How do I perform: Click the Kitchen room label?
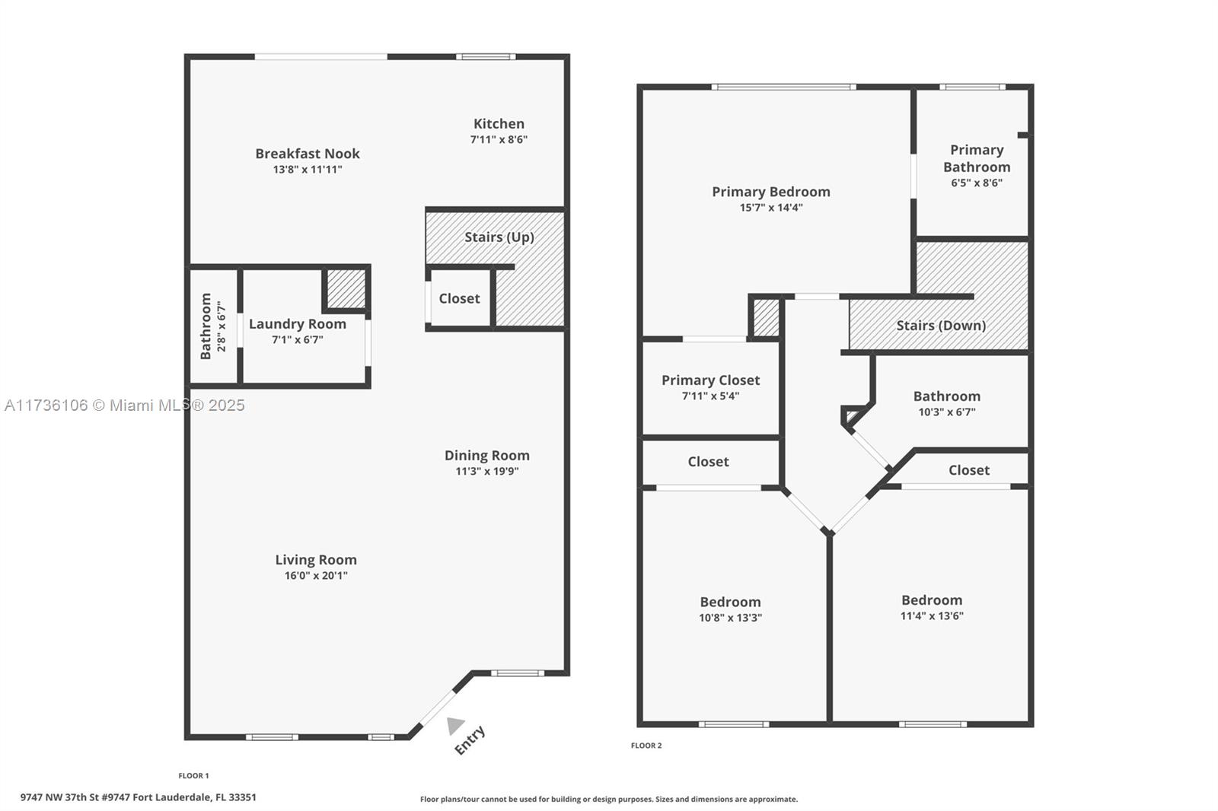tap(499, 124)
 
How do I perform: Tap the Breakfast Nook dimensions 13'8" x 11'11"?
tap(308, 170)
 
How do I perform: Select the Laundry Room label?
tap(298, 324)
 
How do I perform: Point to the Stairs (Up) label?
tap(499, 237)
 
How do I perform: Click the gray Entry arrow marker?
tap(454, 725)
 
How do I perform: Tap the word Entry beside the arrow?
tap(470, 740)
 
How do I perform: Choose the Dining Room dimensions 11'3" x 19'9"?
tap(487, 471)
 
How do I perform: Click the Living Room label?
tap(316, 560)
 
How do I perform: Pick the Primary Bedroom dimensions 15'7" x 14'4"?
tap(771, 208)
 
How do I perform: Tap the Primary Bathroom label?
tap(977, 158)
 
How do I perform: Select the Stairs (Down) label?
tap(941, 326)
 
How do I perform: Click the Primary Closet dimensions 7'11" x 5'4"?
tap(711, 396)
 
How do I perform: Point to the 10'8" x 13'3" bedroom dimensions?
tap(730, 618)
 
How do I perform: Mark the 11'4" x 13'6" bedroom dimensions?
tap(932, 616)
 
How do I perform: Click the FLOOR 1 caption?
tap(193, 776)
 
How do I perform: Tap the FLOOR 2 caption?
tap(646, 746)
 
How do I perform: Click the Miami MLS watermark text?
tap(125, 405)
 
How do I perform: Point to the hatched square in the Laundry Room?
tap(346, 288)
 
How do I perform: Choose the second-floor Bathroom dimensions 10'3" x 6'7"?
tap(947, 412)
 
